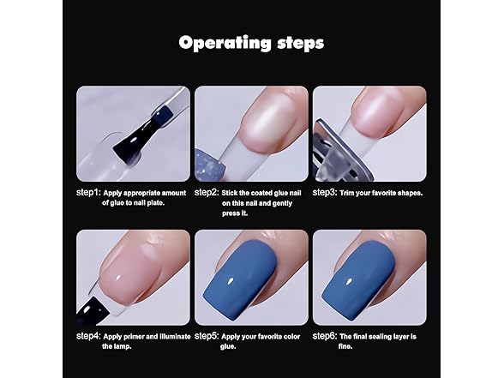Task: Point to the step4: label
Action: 89,336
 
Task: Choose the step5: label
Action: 207,336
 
